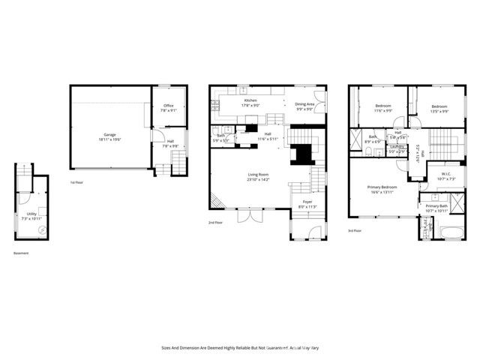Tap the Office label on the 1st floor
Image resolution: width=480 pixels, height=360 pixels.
click(x=168, y=106)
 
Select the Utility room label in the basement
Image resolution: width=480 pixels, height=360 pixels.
click(x=31, y=214)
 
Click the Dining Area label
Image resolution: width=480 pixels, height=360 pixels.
click(x=304, y=104)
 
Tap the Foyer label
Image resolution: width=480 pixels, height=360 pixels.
click(x=307, y=202)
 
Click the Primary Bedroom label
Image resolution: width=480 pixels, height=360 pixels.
click(x=382, y=187)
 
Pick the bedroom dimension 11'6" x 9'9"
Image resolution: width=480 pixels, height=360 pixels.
click(x=382, y=111)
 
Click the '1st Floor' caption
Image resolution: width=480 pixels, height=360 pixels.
click(x=77, y=182)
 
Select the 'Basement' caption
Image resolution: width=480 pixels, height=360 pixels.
click(x=22, y=253)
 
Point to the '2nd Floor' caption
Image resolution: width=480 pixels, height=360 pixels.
click(x=216, y=223)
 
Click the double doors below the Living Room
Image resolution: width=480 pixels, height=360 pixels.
click(x=247, y=216)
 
